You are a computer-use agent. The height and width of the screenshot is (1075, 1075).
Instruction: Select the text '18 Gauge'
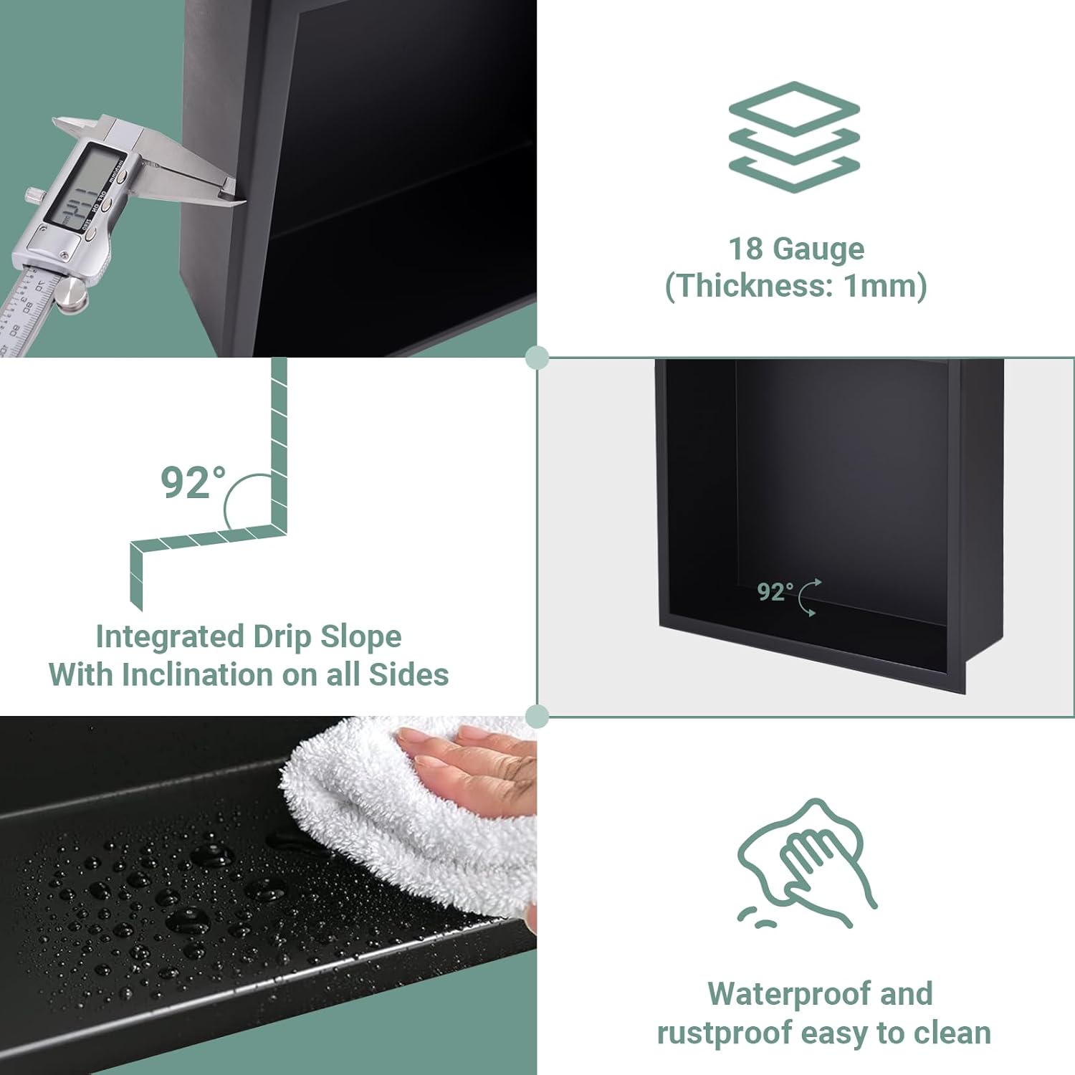(796, 249)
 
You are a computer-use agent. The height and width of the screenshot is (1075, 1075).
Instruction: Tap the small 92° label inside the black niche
(775, 592)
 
